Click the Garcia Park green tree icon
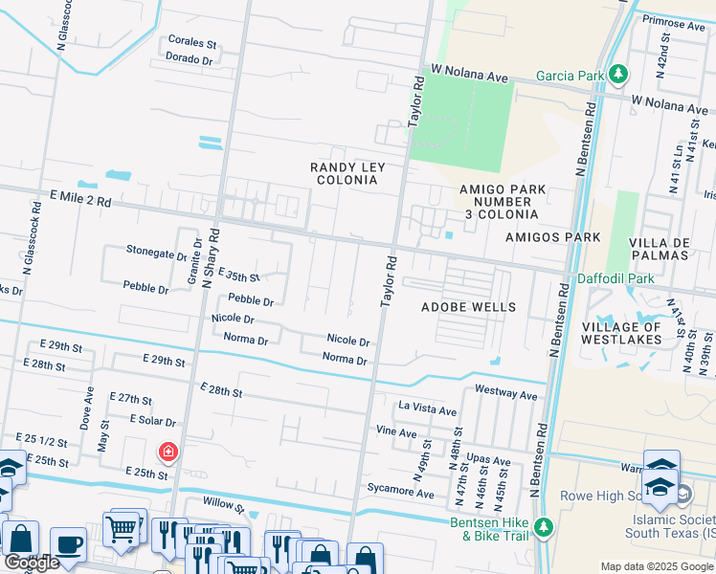click(619, 74)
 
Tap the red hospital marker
click(168, 451)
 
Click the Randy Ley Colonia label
click(347, 173)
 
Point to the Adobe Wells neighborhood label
click(469, 307)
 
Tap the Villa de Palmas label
click(660, 249)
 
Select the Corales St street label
click(193, 43)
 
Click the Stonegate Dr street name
click(156, 254)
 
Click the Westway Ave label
click(506, 393)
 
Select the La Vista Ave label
click(428, 409)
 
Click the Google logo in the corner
click(31, 563)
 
